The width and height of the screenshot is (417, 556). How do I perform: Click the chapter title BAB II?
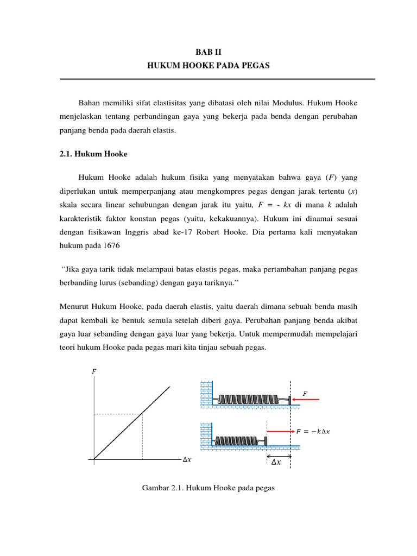tap(208, 52)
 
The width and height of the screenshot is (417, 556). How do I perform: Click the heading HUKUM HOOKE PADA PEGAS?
tap(208, 66)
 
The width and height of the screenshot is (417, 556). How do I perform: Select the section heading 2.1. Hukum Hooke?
tap(93, 154)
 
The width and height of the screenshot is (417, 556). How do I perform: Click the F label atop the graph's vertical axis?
tap(94, 372)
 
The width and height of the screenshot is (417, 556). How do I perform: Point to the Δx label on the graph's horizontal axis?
tap(186, 460)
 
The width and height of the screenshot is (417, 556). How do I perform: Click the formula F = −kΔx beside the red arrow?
tap(313, 431)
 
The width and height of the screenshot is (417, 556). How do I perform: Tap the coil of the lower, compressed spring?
tap(239, 440)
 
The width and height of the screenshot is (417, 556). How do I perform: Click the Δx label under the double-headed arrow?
tap(276, 463)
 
